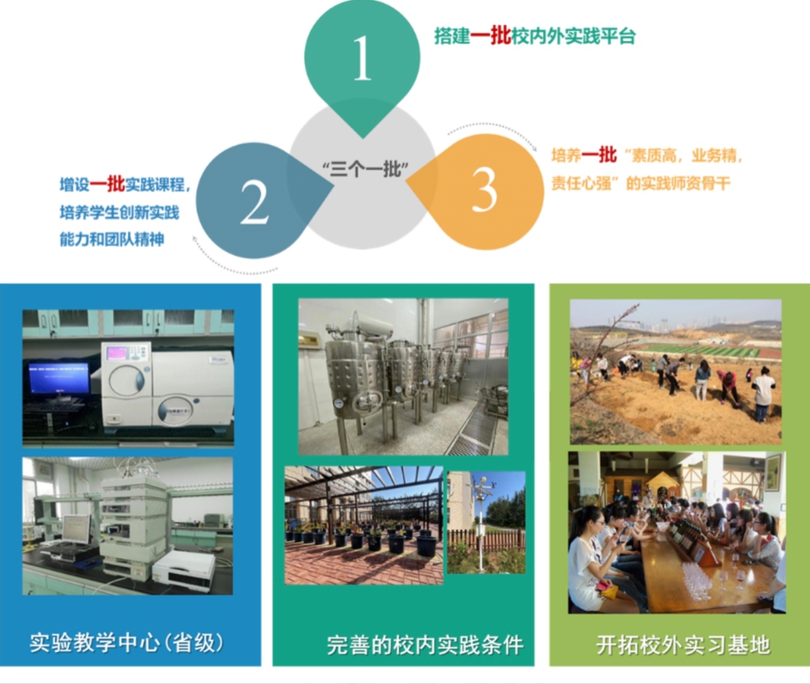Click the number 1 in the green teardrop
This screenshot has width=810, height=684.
tap(363, 58)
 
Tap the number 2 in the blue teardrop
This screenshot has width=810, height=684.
tap(254, 202)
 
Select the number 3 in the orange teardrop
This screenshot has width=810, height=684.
tap(484, 189)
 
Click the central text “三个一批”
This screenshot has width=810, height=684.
tap(366, 170)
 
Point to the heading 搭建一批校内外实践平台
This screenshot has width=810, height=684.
tap(535, 37)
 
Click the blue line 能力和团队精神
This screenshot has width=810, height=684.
tap(112, 239)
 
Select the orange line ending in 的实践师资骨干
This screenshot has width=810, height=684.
tap(641, 183)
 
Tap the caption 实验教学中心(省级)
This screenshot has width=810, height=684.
tap(127, 643)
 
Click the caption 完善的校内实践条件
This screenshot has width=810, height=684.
tap(425, 645)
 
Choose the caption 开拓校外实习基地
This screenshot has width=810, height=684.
tap(683, 645)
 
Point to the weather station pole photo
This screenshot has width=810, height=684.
tap(486, 522)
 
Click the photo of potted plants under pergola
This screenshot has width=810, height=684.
tap(363, 526)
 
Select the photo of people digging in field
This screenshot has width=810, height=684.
tap(675, 372)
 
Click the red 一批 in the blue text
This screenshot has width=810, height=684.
tap(107, 184)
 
